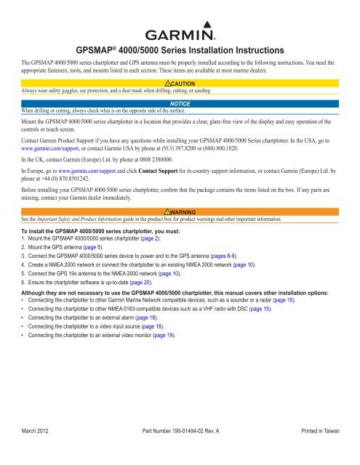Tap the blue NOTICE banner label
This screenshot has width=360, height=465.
coord(180,105)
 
